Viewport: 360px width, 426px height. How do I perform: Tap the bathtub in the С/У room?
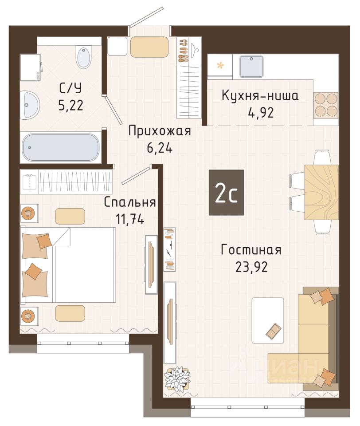61,147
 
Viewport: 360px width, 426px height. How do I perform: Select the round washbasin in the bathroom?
30,105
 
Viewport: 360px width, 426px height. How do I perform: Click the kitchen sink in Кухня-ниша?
251,67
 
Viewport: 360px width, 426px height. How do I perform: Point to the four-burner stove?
326,106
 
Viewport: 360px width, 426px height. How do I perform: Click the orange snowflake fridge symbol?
220,66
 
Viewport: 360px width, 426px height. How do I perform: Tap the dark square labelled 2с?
226,193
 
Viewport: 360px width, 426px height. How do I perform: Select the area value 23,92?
252,267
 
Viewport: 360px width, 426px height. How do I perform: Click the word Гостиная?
251,250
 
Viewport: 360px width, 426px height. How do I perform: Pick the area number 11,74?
130,219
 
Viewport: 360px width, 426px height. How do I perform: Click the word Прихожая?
160,131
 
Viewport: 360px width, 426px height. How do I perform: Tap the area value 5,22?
70,105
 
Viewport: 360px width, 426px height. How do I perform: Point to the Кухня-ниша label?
260,96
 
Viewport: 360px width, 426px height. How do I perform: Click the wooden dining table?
321,192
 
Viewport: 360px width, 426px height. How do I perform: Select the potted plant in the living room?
177,379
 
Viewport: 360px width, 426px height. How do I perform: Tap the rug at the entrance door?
149,47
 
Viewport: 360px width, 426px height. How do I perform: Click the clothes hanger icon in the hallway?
195,48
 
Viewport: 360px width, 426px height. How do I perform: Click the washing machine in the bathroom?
31,67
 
